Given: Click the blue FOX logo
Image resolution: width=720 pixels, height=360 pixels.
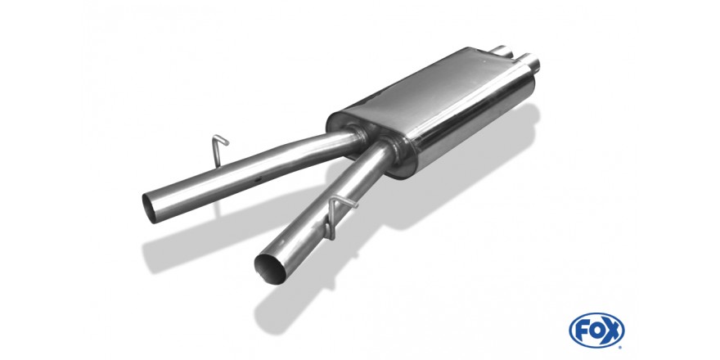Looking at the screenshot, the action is pyautogui.click(x=596, y=331).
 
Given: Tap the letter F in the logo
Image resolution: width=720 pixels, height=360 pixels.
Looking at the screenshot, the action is pyautogui.click(x=583, y=331).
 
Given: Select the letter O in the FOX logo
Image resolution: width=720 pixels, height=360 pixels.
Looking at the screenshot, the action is pyautogui.click(x=596, y=331).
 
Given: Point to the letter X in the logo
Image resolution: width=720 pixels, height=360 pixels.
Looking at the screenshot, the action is pyautogui.click(x=611, y=331).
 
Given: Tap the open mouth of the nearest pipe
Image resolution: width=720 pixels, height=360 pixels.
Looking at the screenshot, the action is pyautogui.click(x=270, y=268).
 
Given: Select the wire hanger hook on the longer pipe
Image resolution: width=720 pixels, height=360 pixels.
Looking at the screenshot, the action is pyautogui.click(x=218, y=150).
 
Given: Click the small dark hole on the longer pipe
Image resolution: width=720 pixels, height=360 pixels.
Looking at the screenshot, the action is pyautogui.click(x=259, y=178).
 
